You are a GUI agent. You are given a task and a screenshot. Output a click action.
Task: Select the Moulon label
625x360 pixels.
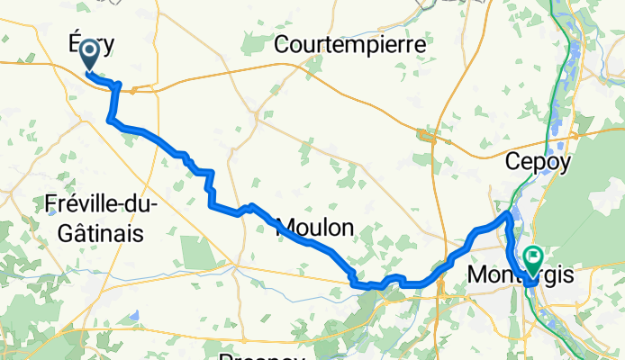[313, 228]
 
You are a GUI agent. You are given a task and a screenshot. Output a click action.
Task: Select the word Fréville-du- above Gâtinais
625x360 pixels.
[101, 205]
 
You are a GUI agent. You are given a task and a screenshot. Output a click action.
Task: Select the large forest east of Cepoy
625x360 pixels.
[585, 180]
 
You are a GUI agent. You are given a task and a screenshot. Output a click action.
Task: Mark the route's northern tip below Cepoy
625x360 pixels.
[508, 214]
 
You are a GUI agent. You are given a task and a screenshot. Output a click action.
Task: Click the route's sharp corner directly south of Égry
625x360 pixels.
[110, 119]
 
